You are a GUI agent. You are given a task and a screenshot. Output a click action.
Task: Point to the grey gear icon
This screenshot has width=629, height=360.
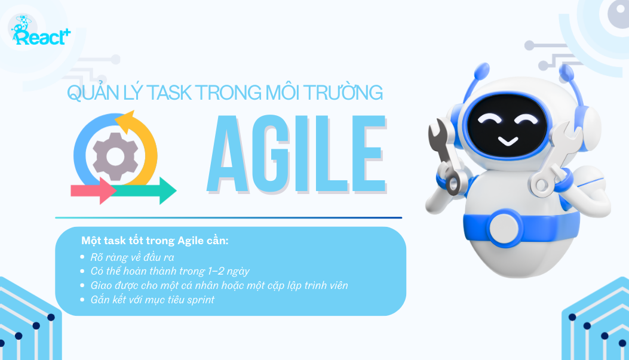[x=115, y=156]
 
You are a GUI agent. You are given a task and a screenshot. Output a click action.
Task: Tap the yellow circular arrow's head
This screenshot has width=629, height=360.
[x=125, y=120]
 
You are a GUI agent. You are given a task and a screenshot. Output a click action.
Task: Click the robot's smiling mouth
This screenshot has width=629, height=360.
[x=508, y=140]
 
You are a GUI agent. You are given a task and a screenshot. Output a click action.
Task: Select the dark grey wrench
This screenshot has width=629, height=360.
[x=444, y=156]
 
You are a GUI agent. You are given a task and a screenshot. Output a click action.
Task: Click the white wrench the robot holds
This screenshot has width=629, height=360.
[x=555, y=161]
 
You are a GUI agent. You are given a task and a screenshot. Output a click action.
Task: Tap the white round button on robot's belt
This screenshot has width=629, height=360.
[x=504, y=227]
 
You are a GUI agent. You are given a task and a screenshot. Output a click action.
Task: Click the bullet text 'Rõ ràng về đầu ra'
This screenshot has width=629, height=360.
[x=133, y=257]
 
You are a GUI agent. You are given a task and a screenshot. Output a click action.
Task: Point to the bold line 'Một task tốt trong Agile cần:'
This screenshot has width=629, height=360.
[x=155, y=241]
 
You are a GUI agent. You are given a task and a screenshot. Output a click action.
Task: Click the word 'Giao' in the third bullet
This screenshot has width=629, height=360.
[x=101, y=285]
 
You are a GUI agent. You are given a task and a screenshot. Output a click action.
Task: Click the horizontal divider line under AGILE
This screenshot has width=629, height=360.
[x=229, y=218]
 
